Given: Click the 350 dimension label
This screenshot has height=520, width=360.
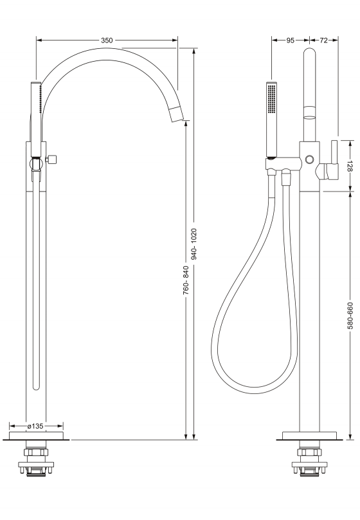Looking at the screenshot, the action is [107, 40].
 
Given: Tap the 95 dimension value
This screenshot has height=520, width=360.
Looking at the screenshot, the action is [290, 40].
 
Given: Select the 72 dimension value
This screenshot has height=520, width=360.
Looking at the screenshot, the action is [323, 40].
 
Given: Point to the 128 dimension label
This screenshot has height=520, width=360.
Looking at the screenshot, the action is [349, 166].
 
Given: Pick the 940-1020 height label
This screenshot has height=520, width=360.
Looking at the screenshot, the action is [194, 244].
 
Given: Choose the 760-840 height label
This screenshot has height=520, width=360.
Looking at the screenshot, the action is [186, 280].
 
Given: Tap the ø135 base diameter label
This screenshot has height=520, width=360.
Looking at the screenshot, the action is [35, 426].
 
